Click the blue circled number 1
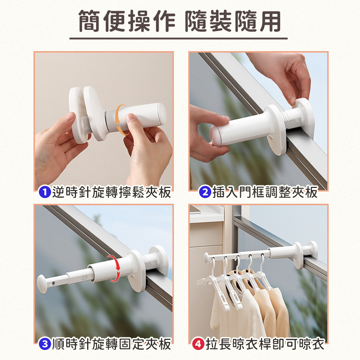pos(45,192)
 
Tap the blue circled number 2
pos(205,192)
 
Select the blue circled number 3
pos(45,344)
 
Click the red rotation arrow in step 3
pos(118,268)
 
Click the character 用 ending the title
pos(270,21)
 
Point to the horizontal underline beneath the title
pos(179,39)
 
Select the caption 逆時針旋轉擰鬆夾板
pos(112,192)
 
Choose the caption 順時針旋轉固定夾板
pos(112,344)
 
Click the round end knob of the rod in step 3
pos(42,284)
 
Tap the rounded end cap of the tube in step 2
pos(215,135)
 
